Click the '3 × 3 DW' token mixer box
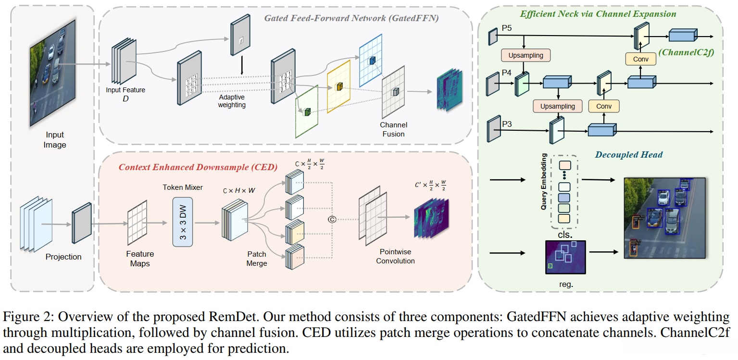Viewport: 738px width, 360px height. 182,222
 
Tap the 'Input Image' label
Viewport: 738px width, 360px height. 55,140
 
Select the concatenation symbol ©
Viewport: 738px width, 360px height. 331,219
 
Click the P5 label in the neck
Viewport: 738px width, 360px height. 507,28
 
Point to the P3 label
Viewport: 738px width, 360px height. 507,124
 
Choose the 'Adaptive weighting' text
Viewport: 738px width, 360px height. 232,101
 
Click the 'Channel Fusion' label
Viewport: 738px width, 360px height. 393,129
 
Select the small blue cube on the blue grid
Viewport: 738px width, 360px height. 372,61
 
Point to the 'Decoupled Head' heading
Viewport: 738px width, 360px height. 628,155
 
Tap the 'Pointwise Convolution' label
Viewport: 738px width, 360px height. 395,257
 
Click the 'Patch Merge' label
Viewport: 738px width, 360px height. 256,259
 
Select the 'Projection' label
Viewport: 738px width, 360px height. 63,257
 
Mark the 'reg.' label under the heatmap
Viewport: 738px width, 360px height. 566,284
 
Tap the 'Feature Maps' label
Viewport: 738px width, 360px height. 140,259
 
